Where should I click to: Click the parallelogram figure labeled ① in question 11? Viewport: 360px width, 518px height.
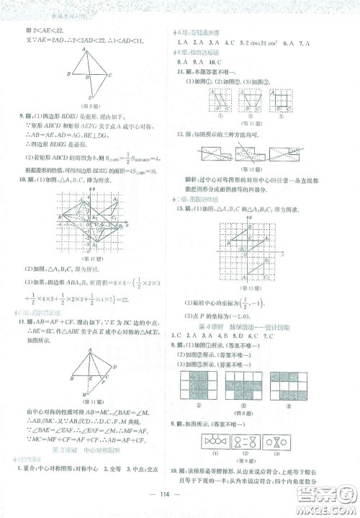click(x=217, y=98)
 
